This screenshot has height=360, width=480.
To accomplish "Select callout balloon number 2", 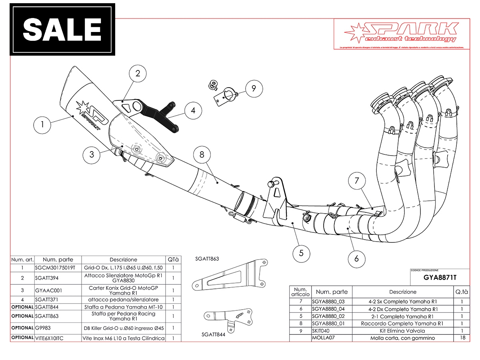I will coord(138,73).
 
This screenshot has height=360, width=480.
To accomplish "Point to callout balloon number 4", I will coord(193,110).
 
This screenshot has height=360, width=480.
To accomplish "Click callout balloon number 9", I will coord(253,88).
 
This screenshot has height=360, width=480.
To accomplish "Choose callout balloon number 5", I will coord(301,252).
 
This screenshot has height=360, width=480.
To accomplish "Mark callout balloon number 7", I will coord(356,181).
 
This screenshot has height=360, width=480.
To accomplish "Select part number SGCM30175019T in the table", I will coord(55,268).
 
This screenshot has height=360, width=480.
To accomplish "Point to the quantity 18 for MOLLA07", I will coord(462,338).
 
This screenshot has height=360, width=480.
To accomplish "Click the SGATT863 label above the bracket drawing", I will coord(207,259).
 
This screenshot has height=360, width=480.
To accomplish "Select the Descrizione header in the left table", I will coord(123,260).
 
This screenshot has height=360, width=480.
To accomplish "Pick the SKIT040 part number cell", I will coord(322,331).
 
